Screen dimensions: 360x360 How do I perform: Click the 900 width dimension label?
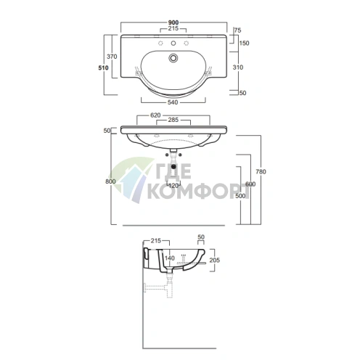pyautogui.click(x=173, y=22)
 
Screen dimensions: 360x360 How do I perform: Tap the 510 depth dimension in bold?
pyautogui.click(x=103, y=67)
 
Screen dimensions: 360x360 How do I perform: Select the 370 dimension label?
pyautogui.click(x=112, y=57)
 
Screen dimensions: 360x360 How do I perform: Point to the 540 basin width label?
pyautogui.click(x=173, y=102)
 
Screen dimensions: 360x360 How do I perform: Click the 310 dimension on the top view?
pyautogui.click(x=238, y=67)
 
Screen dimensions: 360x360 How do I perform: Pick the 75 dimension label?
pyautogui.click(x=238, y=30)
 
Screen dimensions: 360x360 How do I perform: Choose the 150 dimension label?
pyautogui.click(x=244, y=43)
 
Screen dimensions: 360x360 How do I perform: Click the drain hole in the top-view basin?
pyautogui.click(x=173, y=58)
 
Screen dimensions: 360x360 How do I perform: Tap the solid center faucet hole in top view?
pyautogui.click(x=173, y=44)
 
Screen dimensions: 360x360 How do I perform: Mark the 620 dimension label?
pyautogui.click(x=155, y=115)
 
